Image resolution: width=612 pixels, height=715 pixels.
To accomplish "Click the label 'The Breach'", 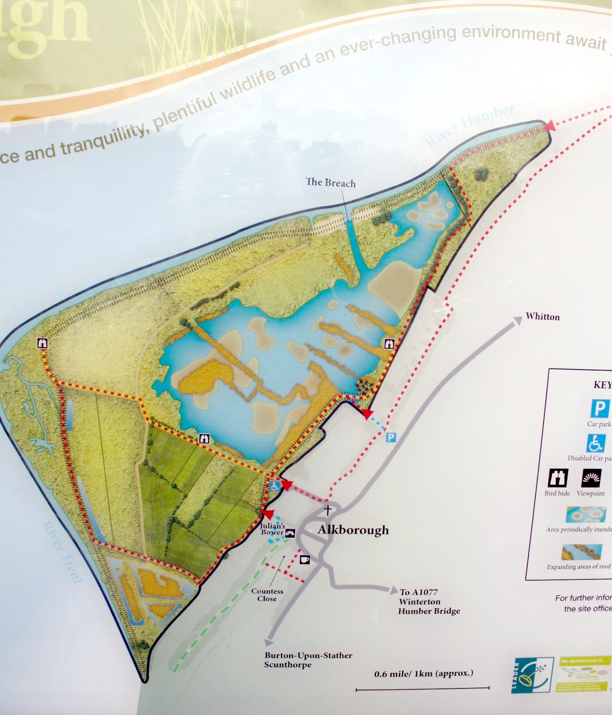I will coord(330,182).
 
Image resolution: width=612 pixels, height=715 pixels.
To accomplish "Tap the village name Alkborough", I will coord(353,530).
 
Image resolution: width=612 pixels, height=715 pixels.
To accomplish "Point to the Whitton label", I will coord(543,317).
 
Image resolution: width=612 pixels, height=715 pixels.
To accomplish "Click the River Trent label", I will coord(62,552).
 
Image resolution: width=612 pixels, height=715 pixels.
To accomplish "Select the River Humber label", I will coord(469,126).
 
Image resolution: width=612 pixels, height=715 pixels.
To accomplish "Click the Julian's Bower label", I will coord(273,529).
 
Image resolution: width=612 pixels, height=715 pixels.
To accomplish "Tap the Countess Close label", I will coord(267,595).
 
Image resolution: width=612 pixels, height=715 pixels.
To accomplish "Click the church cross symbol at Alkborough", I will coord(328,510).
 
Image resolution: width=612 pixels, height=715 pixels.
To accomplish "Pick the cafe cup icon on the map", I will coord(305,559).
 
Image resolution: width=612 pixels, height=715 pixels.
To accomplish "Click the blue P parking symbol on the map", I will coord(391,437).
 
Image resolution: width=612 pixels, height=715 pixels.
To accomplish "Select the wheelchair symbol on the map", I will coord(275,486).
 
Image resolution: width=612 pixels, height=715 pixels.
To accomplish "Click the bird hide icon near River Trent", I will coord(42,343).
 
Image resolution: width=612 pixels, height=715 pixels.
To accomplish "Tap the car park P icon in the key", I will coord(599,408).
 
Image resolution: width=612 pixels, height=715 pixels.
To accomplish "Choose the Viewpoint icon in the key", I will coord(591,479).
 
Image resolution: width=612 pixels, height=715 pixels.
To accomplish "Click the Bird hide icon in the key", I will coord(557,479).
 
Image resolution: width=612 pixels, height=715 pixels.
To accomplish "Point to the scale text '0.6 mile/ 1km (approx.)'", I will coord(423,673).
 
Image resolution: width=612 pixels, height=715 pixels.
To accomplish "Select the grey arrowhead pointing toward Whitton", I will coord(517,320).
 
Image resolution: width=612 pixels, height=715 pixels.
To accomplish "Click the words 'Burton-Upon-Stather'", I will coord(308,656).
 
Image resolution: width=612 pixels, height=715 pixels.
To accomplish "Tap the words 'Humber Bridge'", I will coord(429,611).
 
